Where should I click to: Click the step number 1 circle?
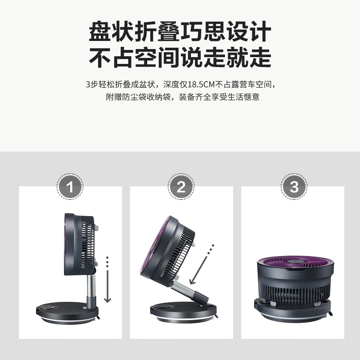tap(70, 186)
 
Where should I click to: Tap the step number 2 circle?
tap(181, 186)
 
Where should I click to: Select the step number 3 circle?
tap(294, 186)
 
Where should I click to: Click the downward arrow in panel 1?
tap(107, 288)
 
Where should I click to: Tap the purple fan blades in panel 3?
tap(295, 263)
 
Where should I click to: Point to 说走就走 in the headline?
tap(225, 58)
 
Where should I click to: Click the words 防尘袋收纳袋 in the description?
tap(145, 97)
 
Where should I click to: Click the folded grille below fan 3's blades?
tap(295, 288)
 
